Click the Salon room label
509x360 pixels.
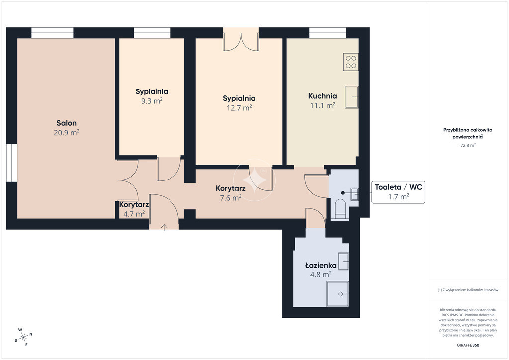[x=67, y=123]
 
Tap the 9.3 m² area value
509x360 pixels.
[x=152, y=101]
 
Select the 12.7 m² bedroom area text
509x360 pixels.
[x=239, y=108]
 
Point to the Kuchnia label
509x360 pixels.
[x=322, y=96]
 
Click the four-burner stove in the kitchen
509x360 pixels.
[x=351, y=62]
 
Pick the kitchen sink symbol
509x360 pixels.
[x=351, y=97]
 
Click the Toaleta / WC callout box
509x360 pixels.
[x=398, y=192]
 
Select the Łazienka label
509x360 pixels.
[x=321, y=265]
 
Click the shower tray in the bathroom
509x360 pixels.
[x=338, y=294]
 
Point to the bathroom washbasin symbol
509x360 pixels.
[x=343, y=262]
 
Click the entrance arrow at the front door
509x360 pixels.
[x=164, y=227]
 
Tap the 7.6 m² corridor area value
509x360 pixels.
[x=231, y=198]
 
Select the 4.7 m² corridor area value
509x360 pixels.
[x=134, y=214]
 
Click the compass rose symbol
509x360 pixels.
[x=24, y=337]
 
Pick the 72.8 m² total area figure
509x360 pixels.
[x=468, y=145]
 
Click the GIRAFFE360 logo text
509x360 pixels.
[x=468, y=345]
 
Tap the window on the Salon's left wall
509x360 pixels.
[x=12, y=162]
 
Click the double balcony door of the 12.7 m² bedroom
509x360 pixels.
[x=241, y=40]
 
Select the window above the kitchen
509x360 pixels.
[x=328, y=33]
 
